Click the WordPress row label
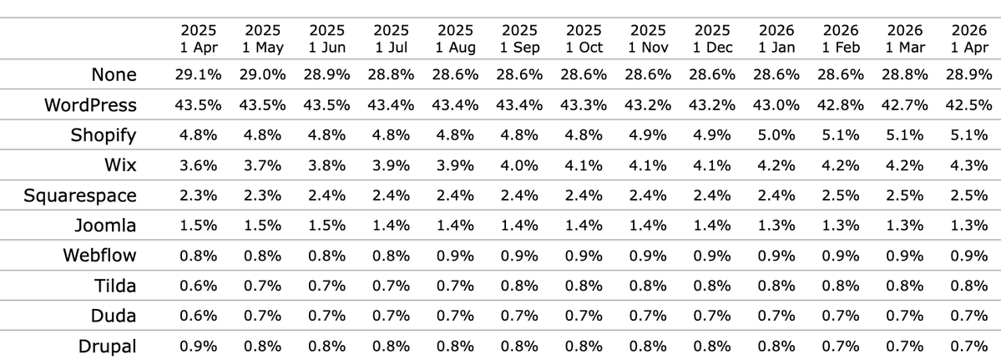point(92,106)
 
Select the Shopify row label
point(104,135)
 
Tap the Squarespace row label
point(80,195)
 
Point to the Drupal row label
point(108,345)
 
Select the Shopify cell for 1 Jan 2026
point(777,135)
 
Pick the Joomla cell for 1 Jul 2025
point(391,226)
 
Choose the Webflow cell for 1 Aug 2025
point(455,256)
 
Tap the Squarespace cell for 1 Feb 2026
point(842,195)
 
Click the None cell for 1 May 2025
point(264,75)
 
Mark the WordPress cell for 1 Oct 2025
point(584,106)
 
